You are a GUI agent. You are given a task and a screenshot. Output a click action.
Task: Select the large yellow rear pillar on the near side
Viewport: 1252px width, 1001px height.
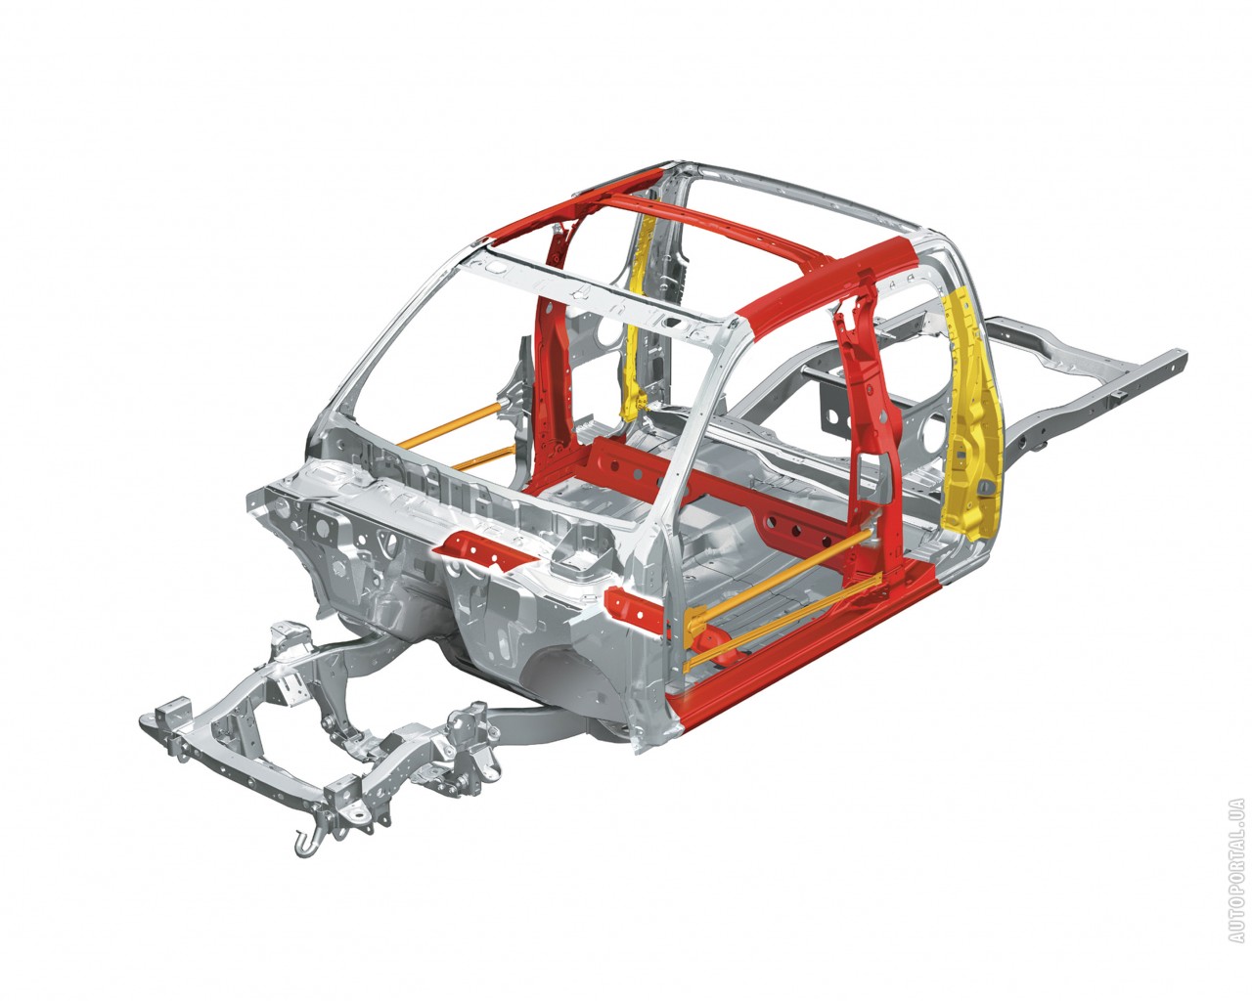coord(970,414)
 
